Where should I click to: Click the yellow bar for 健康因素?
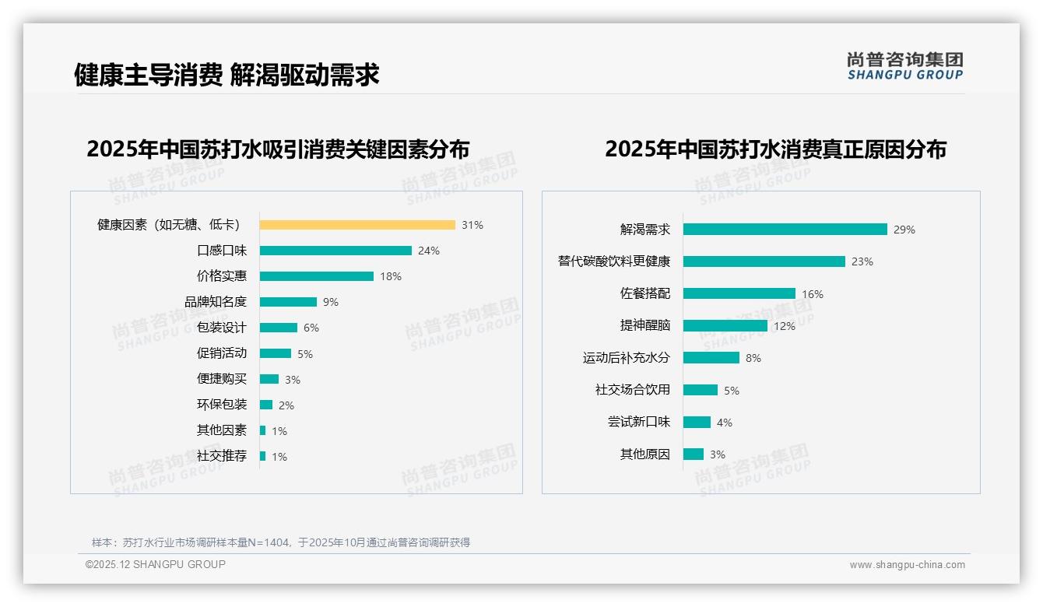pyautogui.click(x=357, y=225)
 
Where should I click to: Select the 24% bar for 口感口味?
pyautogui.click(x=335, y=251)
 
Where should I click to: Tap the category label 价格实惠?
pyautogui.click(x=222, y=276)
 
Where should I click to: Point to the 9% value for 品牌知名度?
pyautogui.click(x=331, y=302)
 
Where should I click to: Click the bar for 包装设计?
pyautogui.click(x=279, y=328)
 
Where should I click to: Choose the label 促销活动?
pyautogui.click(x=222, y=353)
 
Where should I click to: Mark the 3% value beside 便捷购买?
pyautogui.click(x=293, y=380)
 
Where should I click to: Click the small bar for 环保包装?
pyautogui.click(x=266, y=405)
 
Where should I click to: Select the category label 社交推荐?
pyautogui.click(x=222, y=456)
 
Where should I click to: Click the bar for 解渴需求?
pyautogui.click(x=785, y=230)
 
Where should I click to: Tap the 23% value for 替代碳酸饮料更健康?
pyautogui.click(x=862, y=261)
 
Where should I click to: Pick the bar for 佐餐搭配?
pyautogui.click(x=739, y=293)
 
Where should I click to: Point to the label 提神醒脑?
pyautogui.click(x=645, y=325)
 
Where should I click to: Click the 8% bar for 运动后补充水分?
pyautogui.click(x=711, y=358)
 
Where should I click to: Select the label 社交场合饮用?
pyautogui.click(x=633, y=390)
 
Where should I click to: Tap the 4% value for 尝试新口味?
pyautogui.click(x=725, y=423)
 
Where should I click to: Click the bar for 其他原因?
pyautogui.click(x=694, y=454)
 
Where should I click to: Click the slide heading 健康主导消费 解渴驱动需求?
pyautogui.click(x=227, y=75)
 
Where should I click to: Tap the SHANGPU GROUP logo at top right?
pyautogui.click(x=905, y=65)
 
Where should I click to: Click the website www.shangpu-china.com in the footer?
pyautogui.click(x=907, y=565)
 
